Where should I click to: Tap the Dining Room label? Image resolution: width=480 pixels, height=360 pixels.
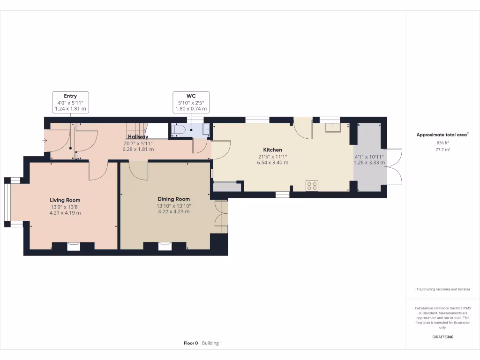(x=173, y=199)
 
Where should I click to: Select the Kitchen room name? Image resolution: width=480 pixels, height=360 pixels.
(x=272, y=150)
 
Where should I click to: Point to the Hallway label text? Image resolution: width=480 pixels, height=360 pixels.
(x=138, y=137)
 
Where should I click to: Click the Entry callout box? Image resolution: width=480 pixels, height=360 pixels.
(x=70, y=102)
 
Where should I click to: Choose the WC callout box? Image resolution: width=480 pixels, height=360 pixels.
(x=191, y=102)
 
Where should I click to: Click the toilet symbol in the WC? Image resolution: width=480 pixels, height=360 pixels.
(x=179, y=130)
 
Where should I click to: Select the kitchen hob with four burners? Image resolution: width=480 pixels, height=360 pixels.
(x=312, y=186)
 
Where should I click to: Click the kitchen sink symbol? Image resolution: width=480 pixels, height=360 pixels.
(x=333, y=127)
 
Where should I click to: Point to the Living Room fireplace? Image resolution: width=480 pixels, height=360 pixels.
(x=73, y=246)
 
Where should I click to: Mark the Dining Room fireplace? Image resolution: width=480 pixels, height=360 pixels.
(x=165, y=246)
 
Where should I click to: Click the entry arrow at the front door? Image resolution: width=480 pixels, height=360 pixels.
(x=45, y=141)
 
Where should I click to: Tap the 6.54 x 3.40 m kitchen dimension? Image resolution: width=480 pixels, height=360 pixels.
(x=272, y=163)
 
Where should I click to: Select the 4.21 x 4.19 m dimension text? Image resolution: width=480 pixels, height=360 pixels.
(x=65, y=213)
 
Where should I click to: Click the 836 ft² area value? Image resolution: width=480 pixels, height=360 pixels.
(x=442, y=142)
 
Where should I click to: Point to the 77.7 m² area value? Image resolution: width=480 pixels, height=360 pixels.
(x=442, y=150)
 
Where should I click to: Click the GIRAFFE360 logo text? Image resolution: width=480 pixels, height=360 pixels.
(x=442, y=337)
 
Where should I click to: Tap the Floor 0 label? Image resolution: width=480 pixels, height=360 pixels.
(x=191, y=343)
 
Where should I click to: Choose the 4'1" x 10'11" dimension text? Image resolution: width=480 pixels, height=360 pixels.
(x=369, y=157)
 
